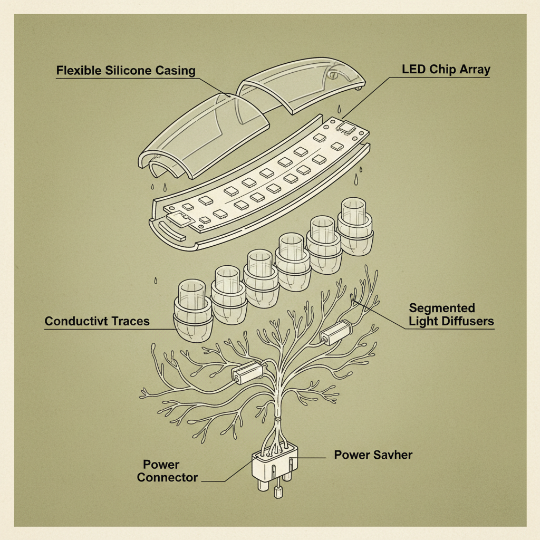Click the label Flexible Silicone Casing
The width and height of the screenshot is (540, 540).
(x=126, y=71)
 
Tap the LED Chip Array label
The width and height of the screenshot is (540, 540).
(x=446, y=70)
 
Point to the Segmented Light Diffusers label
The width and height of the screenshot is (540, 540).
(x=451, y=314)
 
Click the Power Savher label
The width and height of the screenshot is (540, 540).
(x=373, y=455)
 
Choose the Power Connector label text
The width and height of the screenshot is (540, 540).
(x=167, y=471)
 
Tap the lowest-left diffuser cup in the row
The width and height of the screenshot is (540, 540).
(x=192, y=310)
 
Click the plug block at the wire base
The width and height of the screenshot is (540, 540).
(x=275, y=464)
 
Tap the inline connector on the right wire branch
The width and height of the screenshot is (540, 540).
(x=336, y=332)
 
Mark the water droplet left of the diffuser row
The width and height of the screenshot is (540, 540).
(x=156, y=281)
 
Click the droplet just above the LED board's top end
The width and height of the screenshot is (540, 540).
(x=339, y=108)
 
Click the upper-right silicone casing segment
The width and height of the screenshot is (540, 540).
(x=300, y=84)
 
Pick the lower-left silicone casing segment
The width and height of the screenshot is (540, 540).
(x=203, y=136)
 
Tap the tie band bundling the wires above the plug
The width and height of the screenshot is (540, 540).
(x=278, y=419)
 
